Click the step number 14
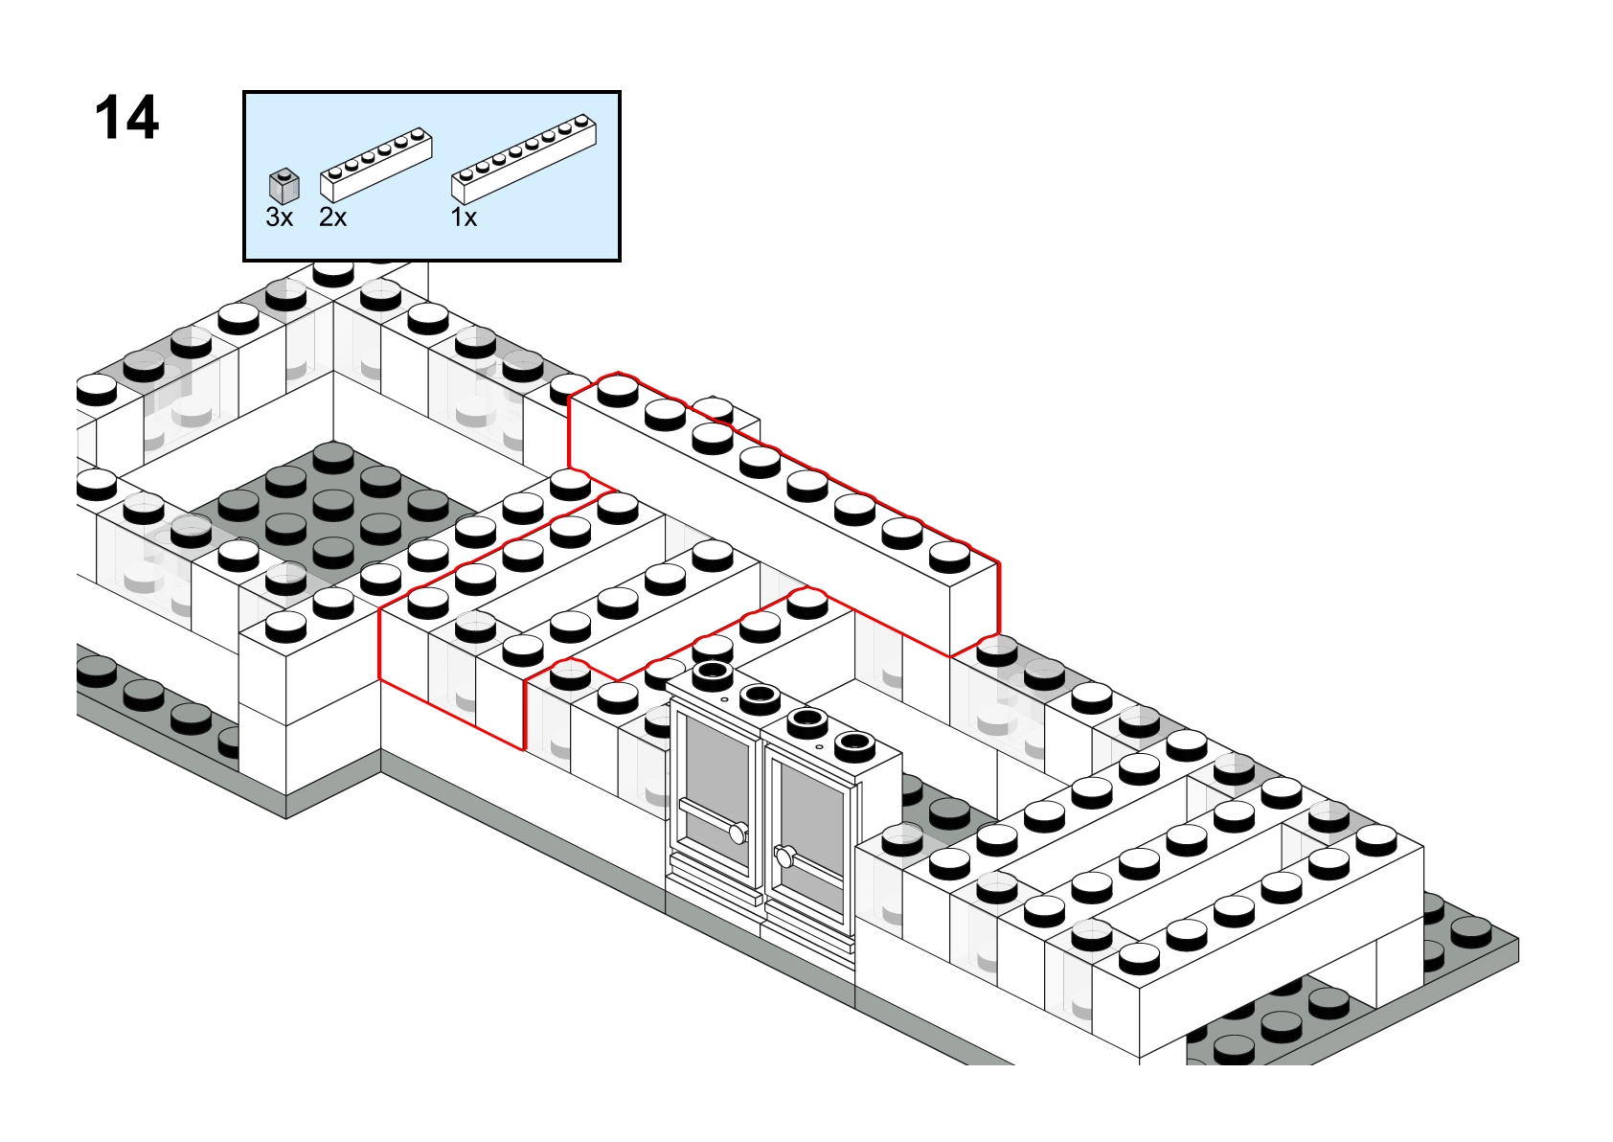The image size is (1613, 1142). point(126,118)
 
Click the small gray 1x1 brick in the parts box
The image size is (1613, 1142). point(284,186)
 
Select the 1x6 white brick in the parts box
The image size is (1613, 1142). point(375,167)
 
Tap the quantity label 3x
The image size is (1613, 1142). point(279,217)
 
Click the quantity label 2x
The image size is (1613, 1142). point(332,217)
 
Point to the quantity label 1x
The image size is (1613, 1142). point(464,217)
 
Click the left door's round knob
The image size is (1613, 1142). point(738,833)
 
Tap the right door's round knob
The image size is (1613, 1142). point(785,856)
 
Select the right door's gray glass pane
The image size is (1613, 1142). point(809,814)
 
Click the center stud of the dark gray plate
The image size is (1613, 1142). point(332,501)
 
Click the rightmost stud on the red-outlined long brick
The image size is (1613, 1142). point(949,554)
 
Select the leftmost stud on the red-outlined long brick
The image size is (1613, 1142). point(618,388)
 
